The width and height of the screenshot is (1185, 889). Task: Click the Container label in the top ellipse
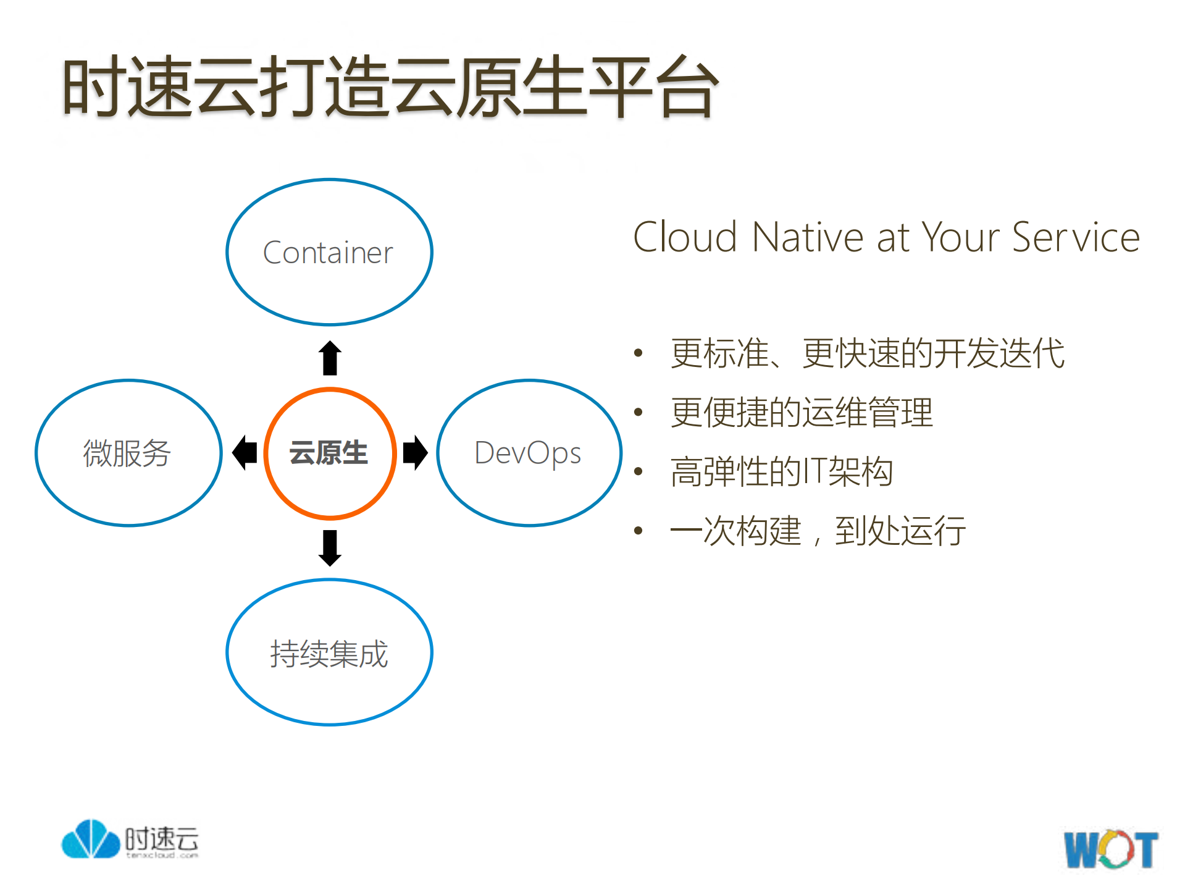tap(328, 253)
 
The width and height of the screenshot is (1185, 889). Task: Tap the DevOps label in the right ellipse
tap(527, 453)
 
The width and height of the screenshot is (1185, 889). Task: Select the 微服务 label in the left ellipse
tap(127, 453)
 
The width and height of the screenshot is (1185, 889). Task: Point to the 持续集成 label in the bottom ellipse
tap(329, 654)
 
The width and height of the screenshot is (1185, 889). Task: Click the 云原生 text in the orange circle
tap(329, 453)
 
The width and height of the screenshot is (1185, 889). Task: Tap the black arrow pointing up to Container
tap(330, 358)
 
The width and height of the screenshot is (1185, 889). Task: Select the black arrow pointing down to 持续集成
tap(330, 547)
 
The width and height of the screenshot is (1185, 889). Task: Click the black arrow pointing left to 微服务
tap(245, 452)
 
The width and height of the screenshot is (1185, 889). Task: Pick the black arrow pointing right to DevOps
tap(415, 452)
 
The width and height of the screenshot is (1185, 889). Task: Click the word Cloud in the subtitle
tap(685, 237)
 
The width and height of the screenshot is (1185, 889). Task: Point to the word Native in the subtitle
tap(808, 237)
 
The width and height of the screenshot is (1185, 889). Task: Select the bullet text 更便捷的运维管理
tap(802, 412)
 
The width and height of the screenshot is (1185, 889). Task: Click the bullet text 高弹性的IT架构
tap(782, 471)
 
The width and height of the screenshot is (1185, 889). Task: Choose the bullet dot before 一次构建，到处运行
tap(639, 530)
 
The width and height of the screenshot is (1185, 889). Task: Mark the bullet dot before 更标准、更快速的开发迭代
tap(639, 353)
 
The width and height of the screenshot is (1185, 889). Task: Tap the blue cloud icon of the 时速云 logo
tap(90, 840)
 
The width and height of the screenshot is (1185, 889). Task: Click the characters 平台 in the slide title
tap(653, 86)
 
